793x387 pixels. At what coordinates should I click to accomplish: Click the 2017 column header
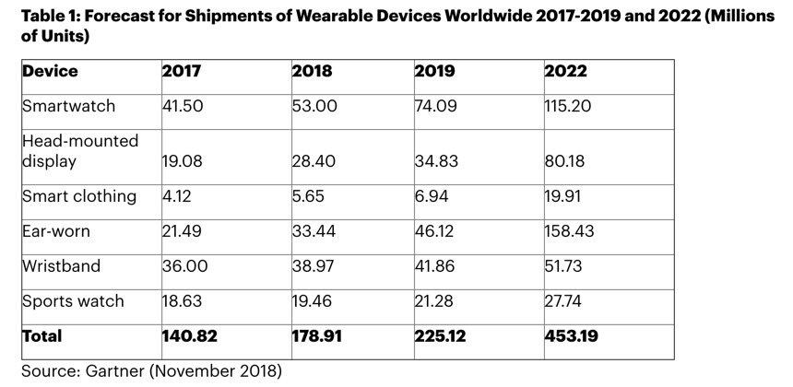point(181,71)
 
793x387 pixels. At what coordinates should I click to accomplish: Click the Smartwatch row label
point(69,106)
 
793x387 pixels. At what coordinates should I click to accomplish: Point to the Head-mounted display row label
point(80,151)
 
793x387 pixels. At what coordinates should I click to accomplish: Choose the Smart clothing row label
point(78,196)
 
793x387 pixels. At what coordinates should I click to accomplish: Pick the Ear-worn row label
point(57,231)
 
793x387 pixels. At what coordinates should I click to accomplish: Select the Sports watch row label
point(72,301)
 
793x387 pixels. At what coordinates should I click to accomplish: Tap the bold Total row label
point(42,336)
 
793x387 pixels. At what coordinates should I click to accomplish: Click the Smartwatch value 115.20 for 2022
point(568,106)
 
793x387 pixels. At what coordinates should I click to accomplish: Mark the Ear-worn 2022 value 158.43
point(569,231)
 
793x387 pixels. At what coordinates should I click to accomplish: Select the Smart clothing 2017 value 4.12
point(177,196)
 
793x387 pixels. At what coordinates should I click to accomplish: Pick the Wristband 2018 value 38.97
point(314,266)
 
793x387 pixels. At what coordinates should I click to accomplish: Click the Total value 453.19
point(571,336)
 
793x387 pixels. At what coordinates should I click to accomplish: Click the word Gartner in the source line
point(124,371)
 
